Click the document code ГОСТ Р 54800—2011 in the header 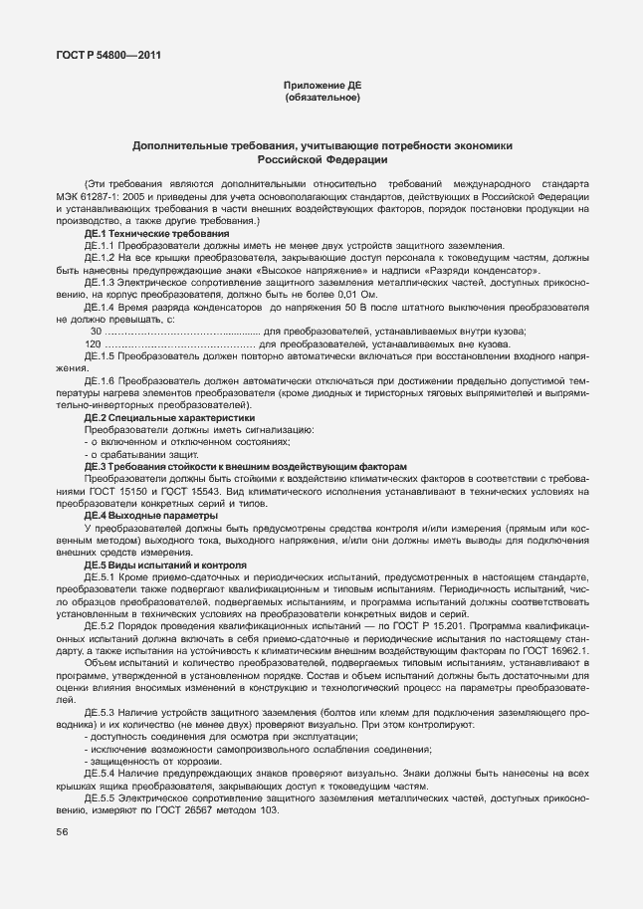click(x=103, y=55)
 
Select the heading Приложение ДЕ click(x=321, y=87)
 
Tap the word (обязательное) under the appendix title click(x=321, y=99)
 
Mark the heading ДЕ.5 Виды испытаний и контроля click(x=150, y=565)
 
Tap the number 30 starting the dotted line click(x=96, y=332)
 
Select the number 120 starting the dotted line click(x=94, y=344)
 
